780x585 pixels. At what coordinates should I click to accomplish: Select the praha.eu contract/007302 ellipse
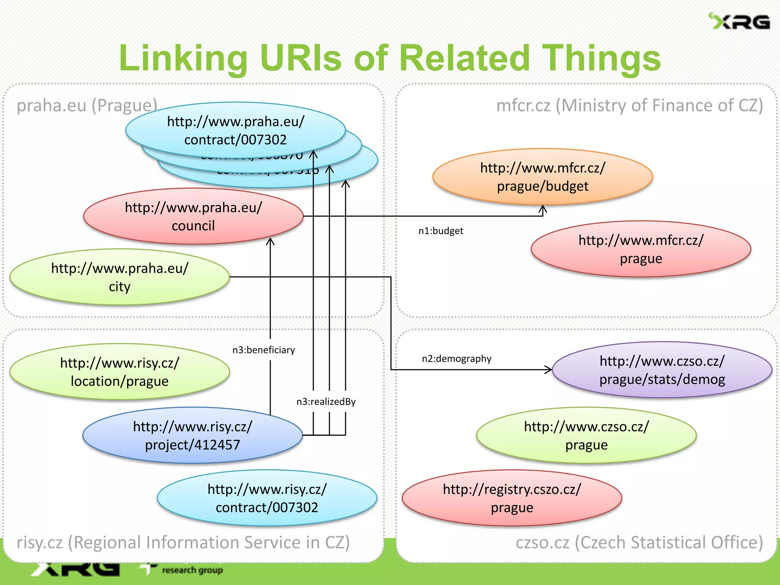tap(235, 130)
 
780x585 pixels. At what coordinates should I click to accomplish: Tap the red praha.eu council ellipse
tap(193, 216)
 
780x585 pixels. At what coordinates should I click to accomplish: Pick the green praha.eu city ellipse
tap(120, 277)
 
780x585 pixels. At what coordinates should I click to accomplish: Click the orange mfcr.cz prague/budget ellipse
tap(542, 177)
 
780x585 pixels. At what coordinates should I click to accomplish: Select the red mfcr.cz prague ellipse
tap(641, 249)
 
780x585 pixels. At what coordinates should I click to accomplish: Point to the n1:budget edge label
tap(441, 231)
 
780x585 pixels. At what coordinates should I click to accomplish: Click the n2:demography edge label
tap(456, 359)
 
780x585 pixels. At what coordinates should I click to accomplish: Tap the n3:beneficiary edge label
tap(264, 350)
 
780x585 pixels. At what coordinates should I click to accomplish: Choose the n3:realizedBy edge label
tap(326, 401)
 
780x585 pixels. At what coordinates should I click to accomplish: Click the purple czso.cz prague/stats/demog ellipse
tap(662, 370)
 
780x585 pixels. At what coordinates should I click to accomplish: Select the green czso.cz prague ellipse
tap(586, 435)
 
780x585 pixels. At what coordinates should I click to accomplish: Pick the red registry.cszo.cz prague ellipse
tap(512, 498)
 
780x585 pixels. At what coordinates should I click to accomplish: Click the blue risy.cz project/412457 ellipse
tap(192, 435)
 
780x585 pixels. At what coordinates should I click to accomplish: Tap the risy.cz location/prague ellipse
tap(120, 372)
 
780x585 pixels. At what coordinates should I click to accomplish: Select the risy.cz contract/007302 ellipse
tap(267, 498)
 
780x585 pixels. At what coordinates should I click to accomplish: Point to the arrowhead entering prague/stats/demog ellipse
tap(548, 369)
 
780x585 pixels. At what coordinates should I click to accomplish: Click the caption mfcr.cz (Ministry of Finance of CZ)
tap(629, 105)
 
